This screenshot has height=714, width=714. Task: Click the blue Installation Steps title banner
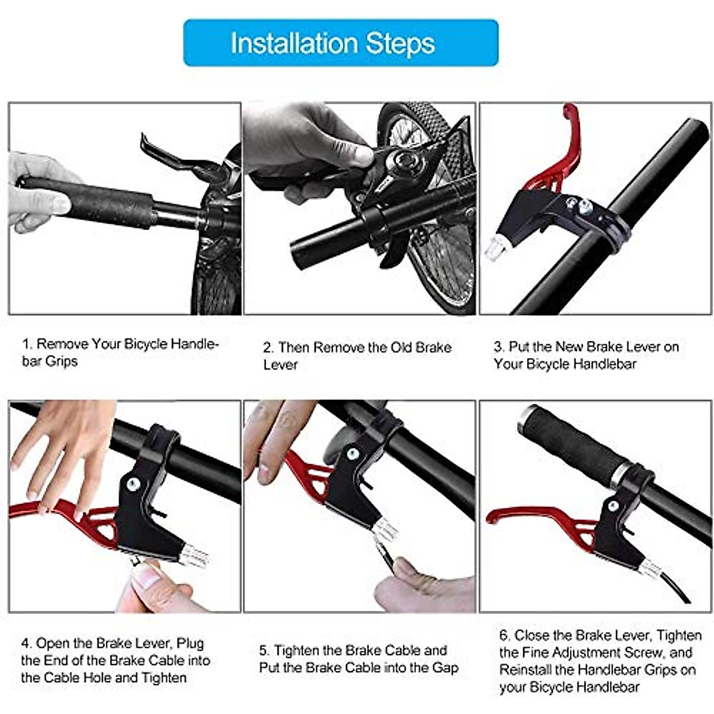click(340, 43)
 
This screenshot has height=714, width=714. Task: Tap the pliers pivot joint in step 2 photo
click(406, 161)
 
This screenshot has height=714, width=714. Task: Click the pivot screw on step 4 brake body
click(133, 485)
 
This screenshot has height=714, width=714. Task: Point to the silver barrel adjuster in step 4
click(194, 557)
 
